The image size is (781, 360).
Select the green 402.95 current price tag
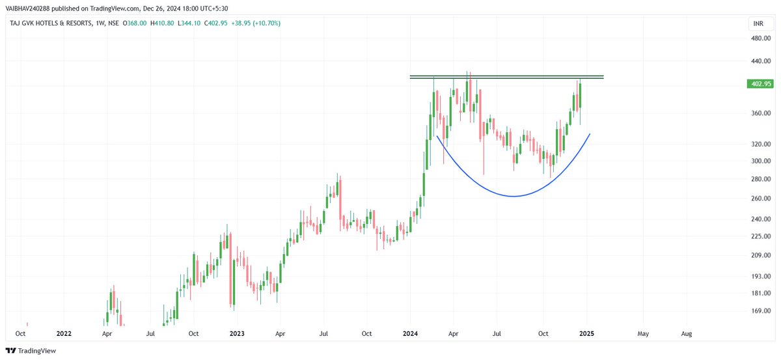coord(761,84)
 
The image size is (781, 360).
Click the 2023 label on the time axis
coord(237,333)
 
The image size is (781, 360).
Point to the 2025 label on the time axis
coord(587,333)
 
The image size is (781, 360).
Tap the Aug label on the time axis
coord(686,333)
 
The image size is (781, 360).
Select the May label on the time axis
coord(642,333)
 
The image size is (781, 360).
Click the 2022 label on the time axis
coord(63,333)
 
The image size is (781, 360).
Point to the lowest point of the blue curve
coord(514,196)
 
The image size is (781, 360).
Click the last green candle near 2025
coord(579,96)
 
